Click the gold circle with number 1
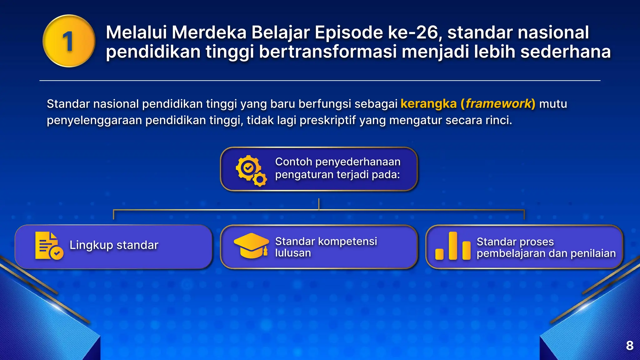[x=69, y=41]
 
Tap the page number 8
[x=630, y=346]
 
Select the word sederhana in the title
[x=565, y=52]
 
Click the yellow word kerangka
[x=428, y=104]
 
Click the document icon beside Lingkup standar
[x=48, y=246]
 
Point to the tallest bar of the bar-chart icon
[x=453, y=246]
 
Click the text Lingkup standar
[x=114, y=245]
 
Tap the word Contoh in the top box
[x=293, y=162]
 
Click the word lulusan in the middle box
[x=293, y=253]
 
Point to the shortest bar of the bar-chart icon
[x=439, y=254]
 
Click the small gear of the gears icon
[x=260, y=180]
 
